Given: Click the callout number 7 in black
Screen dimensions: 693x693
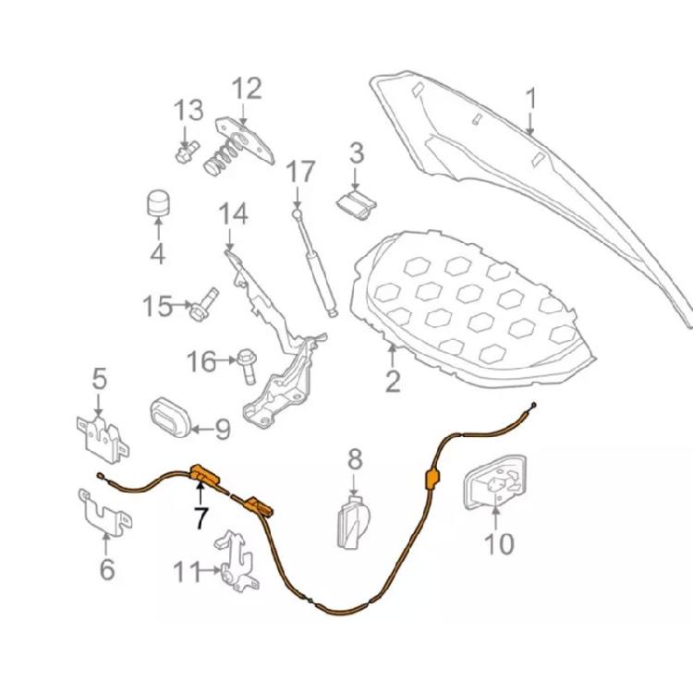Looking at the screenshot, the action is [x=201, y=518].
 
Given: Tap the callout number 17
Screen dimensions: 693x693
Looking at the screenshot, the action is [x=300, y=172].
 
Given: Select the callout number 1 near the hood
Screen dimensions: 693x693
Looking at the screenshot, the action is [x=531, y=98].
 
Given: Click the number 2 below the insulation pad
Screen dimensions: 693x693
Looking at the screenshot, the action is [x=393, y=382].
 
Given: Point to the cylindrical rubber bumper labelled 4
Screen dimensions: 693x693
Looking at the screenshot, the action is [x=158, y=204].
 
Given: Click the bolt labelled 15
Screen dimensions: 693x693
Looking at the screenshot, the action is [x=204, y=304].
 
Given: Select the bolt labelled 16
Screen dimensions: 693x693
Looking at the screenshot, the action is [x=247, y=367].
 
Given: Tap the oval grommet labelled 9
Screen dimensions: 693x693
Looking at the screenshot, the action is [x=170, y=418].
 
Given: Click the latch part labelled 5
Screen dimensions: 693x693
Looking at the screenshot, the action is [x=103, y=436].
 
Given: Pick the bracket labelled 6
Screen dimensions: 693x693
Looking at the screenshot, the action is [x=104, y=513].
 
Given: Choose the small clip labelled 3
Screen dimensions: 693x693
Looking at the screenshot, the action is [x=357, y=205].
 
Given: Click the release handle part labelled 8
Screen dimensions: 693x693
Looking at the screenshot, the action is [x=354, y=522].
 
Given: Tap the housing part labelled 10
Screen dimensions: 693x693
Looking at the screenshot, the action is [x=495, y=482].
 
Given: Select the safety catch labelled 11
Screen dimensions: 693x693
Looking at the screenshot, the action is [x=237, y=561].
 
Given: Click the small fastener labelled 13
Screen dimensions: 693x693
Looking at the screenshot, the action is [x=188, y=152].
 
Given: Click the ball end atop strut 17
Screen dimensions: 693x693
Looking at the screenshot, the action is [x=296, y=213].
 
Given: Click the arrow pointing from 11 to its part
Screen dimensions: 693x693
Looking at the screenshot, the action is [x=208, y=570].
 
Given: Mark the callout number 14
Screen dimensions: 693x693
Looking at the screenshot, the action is [x=233, y=214].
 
